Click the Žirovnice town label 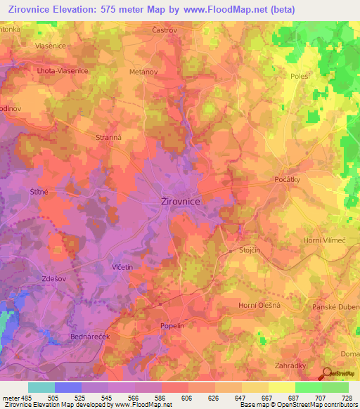[x=176, y=202]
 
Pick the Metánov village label [x=143, y=70]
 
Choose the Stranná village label [x=109, y=138]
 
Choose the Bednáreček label [x=89, y=337]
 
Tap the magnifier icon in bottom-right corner [x=328, y=375]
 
